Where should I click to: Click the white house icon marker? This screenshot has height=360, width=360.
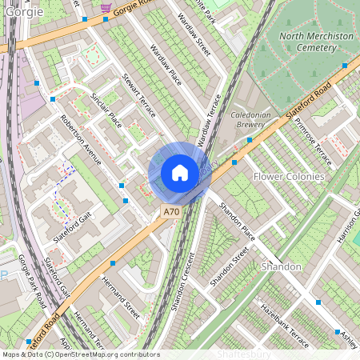click(x=180, y=173)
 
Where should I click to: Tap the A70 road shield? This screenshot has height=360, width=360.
click(x=170, y=212)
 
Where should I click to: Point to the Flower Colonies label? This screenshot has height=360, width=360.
click(x=289, y=176)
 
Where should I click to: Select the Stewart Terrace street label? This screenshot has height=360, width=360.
click(x=138, y=97)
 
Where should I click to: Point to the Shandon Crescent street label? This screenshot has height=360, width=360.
click(x=182, y=281)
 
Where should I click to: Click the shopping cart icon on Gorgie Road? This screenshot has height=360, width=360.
click(x=106, y=7)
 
